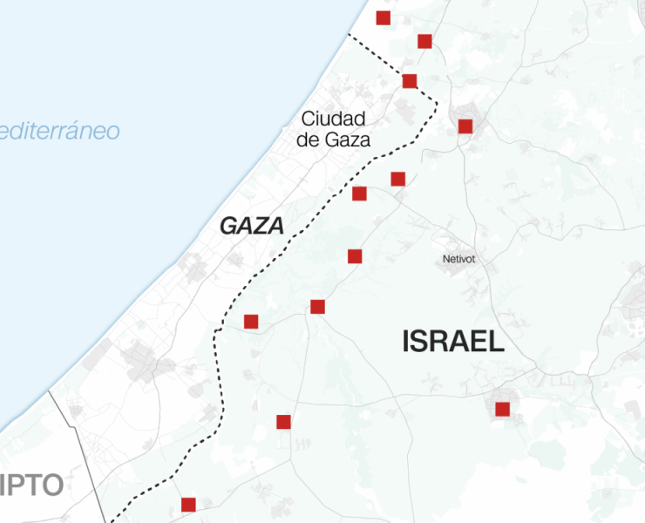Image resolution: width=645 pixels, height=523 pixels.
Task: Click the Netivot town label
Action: coord(459,259)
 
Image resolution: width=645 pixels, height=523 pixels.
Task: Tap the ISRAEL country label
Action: coord(453,342)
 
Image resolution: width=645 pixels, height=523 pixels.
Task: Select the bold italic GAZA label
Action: coord(252,227)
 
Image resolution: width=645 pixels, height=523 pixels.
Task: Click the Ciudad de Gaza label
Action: coord(335,129)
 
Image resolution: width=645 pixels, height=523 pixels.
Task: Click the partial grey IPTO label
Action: coord(31,485)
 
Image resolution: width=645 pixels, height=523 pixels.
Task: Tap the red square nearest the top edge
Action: coord(383,17)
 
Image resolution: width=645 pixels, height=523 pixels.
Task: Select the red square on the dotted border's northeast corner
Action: coord(410,81)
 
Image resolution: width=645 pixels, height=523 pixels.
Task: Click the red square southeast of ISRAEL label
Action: coord(502,409)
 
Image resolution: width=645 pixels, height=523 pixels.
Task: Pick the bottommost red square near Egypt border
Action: coord(188,504)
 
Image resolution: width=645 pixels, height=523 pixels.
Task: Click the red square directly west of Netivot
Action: coord(355,255)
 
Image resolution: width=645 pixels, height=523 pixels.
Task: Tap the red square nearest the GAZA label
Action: coord(359,193)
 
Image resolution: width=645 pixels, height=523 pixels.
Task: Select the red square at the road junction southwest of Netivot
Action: coord(317,306)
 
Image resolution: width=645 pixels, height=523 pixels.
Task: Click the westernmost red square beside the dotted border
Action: coord(251,322)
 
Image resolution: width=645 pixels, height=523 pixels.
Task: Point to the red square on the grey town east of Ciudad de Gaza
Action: coord(465,126)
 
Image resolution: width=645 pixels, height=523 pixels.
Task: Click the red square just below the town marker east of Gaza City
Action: coord(398,179)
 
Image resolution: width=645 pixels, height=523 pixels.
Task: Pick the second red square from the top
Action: coord(424,41)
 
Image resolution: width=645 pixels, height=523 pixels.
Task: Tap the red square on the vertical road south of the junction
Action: coord(283,422)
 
